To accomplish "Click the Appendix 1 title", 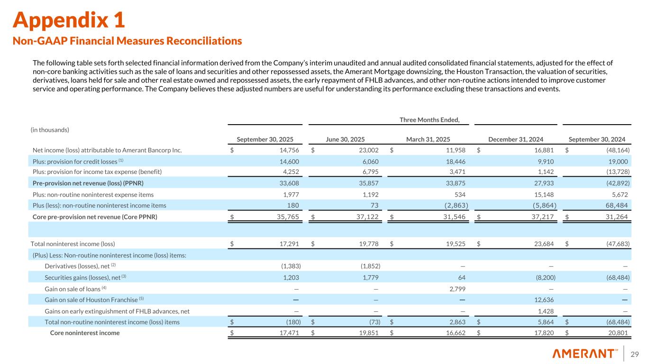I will point(69,19).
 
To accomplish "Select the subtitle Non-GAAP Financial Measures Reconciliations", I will point(127,41).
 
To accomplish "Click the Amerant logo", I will point(585,354).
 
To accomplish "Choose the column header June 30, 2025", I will point(345,139).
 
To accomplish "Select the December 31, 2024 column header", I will point(516,139).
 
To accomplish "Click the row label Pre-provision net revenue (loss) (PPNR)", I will point(88,183).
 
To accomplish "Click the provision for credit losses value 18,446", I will point(454,161).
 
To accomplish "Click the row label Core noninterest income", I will point(85,333).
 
